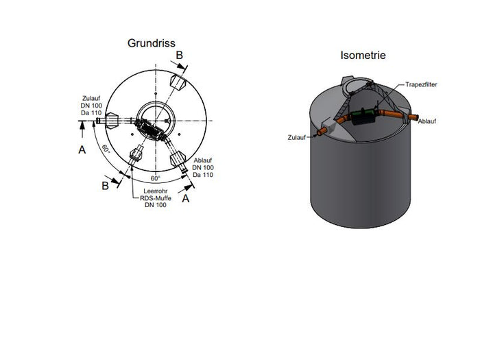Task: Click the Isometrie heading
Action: coord(363,55)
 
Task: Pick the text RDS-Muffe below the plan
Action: coord(153,197)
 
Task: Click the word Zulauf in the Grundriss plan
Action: coord(91,98)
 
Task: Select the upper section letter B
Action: coord(179,55)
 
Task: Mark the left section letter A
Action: coord(82,149)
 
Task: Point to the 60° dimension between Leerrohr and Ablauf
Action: coord(155,178)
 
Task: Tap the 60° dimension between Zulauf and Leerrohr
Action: coord(106,149)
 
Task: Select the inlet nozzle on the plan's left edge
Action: coord(101,121)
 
